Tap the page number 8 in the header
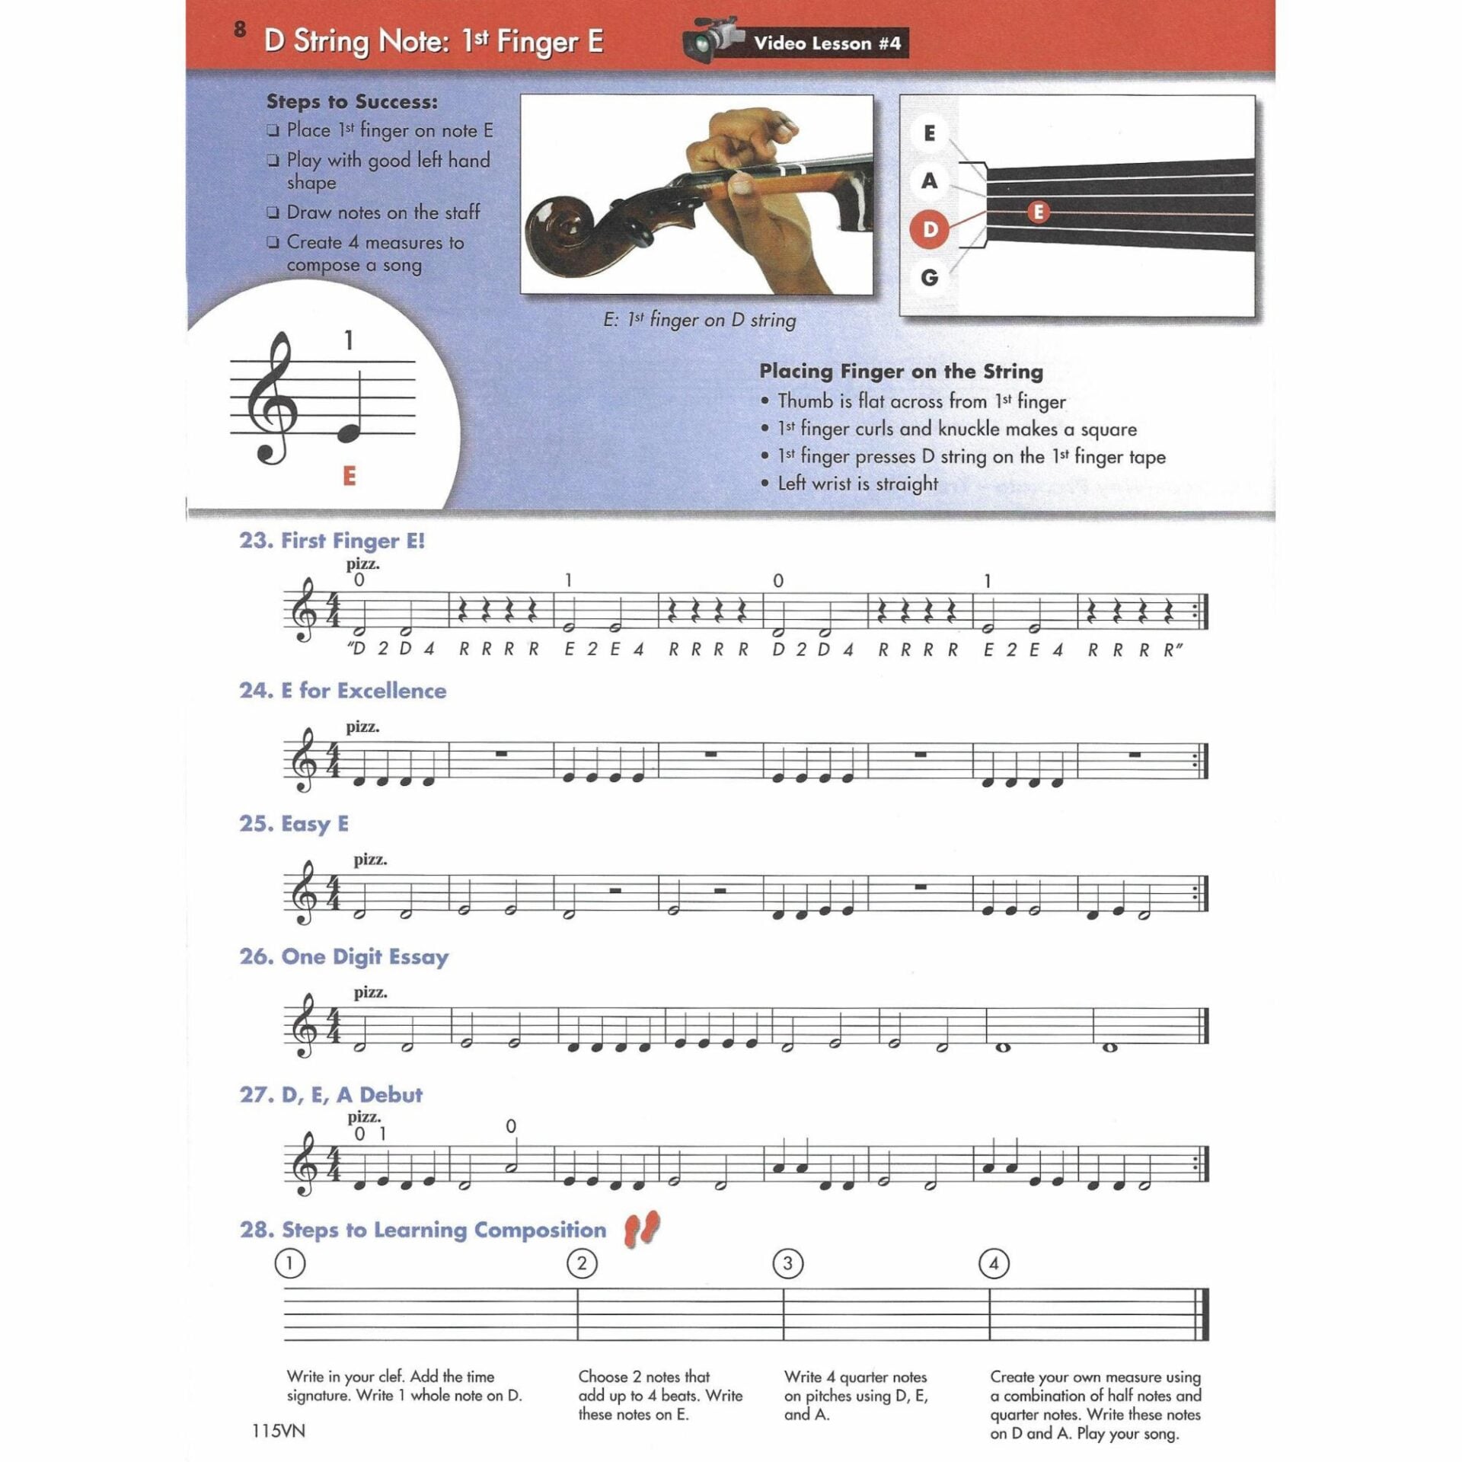(241, 30)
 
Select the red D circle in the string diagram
(929, 229)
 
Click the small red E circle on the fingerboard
(1038, 212)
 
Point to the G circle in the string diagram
(929, 277)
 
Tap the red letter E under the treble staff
(350, 476)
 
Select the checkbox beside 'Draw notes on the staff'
(273, 214)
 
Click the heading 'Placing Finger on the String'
(901, 372)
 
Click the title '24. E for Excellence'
(343, 691)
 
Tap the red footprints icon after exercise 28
(641, 1229)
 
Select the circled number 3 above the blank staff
(787, 1263)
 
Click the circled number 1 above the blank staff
(289, 1263)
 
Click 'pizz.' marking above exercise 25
(370, 860)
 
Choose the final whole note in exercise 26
(1109, 1047)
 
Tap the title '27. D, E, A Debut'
(330, 1094)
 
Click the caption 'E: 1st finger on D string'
(699, 321)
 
